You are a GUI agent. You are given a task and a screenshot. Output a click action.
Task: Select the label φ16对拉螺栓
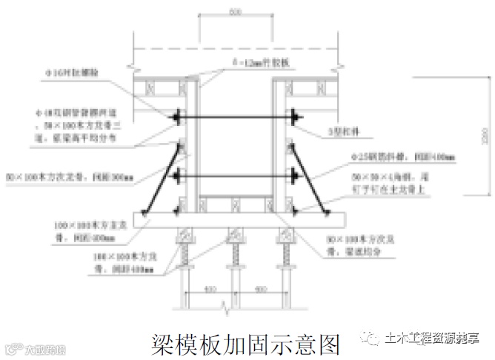(x=78, y=73)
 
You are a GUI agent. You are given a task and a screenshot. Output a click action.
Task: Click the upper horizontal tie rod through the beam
(x=236, y=117)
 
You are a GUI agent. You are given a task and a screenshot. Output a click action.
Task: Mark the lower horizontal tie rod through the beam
(x=236, y=176)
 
